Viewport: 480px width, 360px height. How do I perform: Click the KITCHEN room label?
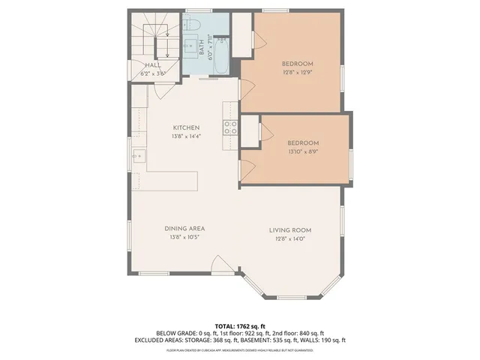pyautogui.click(x=186, y=127)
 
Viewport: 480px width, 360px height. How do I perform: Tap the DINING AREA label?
pyautogui.click(x=185, y=229)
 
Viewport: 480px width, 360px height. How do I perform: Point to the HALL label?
pyautogui.click(x=153, y=65)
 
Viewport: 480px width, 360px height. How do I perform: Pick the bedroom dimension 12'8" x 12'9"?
pyautogui.click(x=297, y=72)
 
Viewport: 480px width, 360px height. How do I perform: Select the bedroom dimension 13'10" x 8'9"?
pyautogui.click(x=304, y=151)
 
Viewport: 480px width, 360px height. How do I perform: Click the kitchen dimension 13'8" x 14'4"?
pyautogui.click(x=186, y=136)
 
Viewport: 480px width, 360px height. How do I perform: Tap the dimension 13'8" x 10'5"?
pyautogui.click(x=185, y=237)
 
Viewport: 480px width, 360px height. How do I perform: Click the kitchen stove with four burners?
pyautogui.click(x=230, y=127)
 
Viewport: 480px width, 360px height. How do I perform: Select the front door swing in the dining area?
pyautogui.click(x=223, y=264)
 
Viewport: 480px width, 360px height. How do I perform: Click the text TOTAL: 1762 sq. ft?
pyautogui.click(x=239, y=326)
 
